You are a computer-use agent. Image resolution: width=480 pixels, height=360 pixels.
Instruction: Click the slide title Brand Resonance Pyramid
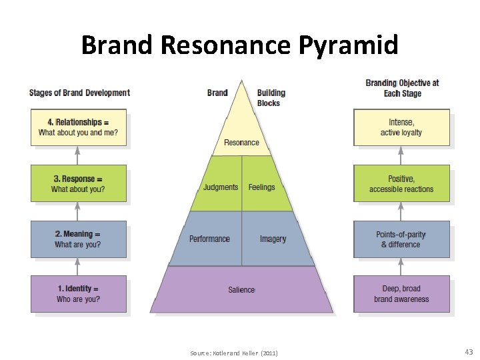(x=240, y=45)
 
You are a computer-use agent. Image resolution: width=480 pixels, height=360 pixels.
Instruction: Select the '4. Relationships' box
(x=78, y=127)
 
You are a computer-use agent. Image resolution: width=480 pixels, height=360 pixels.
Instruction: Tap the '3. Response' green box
(x=78, y=183)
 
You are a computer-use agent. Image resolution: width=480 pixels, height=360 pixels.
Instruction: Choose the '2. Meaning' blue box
(x=78, y=239)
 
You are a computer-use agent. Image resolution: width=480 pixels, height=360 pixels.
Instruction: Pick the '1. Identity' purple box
(x=78, y=294)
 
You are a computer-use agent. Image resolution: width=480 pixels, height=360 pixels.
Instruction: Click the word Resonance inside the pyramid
(x=241, y=143)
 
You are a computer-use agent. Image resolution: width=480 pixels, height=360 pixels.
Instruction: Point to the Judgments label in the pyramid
(x=221, y=187)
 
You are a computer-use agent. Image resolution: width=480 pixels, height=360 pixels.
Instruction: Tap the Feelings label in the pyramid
(x=261, y=187)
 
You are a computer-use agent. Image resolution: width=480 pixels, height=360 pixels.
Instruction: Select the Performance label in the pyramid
(x=209, y=239)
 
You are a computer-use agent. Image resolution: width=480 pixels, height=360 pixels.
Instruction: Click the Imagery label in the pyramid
(x=273, y=239)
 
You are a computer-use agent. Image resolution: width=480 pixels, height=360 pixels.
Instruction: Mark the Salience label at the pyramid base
(x=241, y=289)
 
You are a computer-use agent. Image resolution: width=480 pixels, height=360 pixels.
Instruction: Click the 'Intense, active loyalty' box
(x=401, y=127)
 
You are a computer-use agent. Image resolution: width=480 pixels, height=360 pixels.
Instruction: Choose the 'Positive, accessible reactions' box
(x=401, y=183)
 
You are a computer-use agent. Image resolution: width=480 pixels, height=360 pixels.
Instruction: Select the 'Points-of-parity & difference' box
(x=401, y=239)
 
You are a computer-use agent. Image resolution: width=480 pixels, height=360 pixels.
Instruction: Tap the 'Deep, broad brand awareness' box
(x=401, y=294)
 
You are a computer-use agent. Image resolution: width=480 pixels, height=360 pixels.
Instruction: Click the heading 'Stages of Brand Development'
(x=79, y=93)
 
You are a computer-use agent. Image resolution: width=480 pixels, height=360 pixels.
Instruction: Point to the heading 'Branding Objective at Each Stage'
(x=402, y=88)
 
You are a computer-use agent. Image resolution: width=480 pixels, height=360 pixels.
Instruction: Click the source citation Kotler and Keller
(x=233, y=353)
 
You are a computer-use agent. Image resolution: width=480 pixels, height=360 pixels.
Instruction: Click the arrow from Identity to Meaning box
(x=78, y=267)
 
